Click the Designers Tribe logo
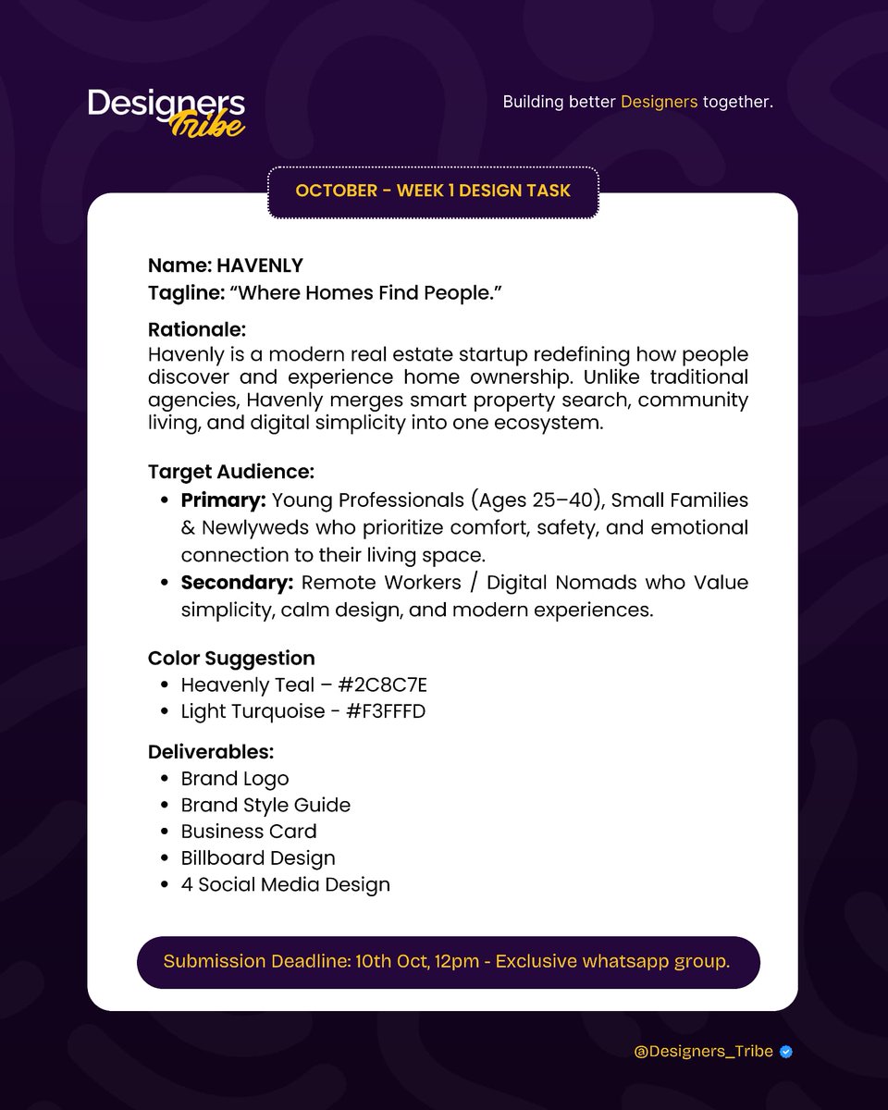click(x=166, y=112)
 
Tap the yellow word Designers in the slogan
click(x=659, y=102)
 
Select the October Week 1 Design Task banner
click(x=433, y=191)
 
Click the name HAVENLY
click(x=260, y=265)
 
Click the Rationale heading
click(x=196, y=329)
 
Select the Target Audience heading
click(x=231, y=472)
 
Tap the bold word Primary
click(x=224, y=500)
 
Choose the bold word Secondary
click(x=237, y=583)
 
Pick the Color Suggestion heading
click(x=231, y=658)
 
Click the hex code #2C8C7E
click(x=382, y=685)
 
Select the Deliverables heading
click(x=211, y=752)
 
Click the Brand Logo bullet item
click(x=235, y=779)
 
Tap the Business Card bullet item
click(x=249, y=832)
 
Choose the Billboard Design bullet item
click(x=258, y=857)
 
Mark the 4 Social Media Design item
click(x=285, y=884)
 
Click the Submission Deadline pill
click(x=448, y=962)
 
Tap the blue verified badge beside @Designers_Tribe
click(x=786, y=1052)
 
